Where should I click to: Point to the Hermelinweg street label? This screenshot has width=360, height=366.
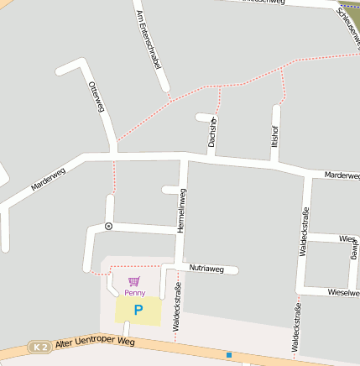(181, 209)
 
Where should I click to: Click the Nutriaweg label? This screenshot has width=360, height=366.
(206, 269)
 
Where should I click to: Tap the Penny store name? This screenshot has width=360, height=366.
(134, 293)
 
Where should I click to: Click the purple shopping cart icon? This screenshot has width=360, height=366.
(133, 282)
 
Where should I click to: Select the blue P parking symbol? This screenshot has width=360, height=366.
(138, 311)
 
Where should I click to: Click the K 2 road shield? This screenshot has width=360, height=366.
(39, 346)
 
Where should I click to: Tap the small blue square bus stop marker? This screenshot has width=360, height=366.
(228, 355)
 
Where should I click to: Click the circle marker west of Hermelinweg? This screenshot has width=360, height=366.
(108, 226)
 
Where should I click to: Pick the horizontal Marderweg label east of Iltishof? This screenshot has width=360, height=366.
(342, 175)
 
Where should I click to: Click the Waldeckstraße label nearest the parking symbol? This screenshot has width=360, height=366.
(177, 307)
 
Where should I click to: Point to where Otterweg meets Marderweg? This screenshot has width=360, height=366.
(114, 155)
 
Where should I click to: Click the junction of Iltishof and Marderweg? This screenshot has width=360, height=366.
(274, 163)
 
